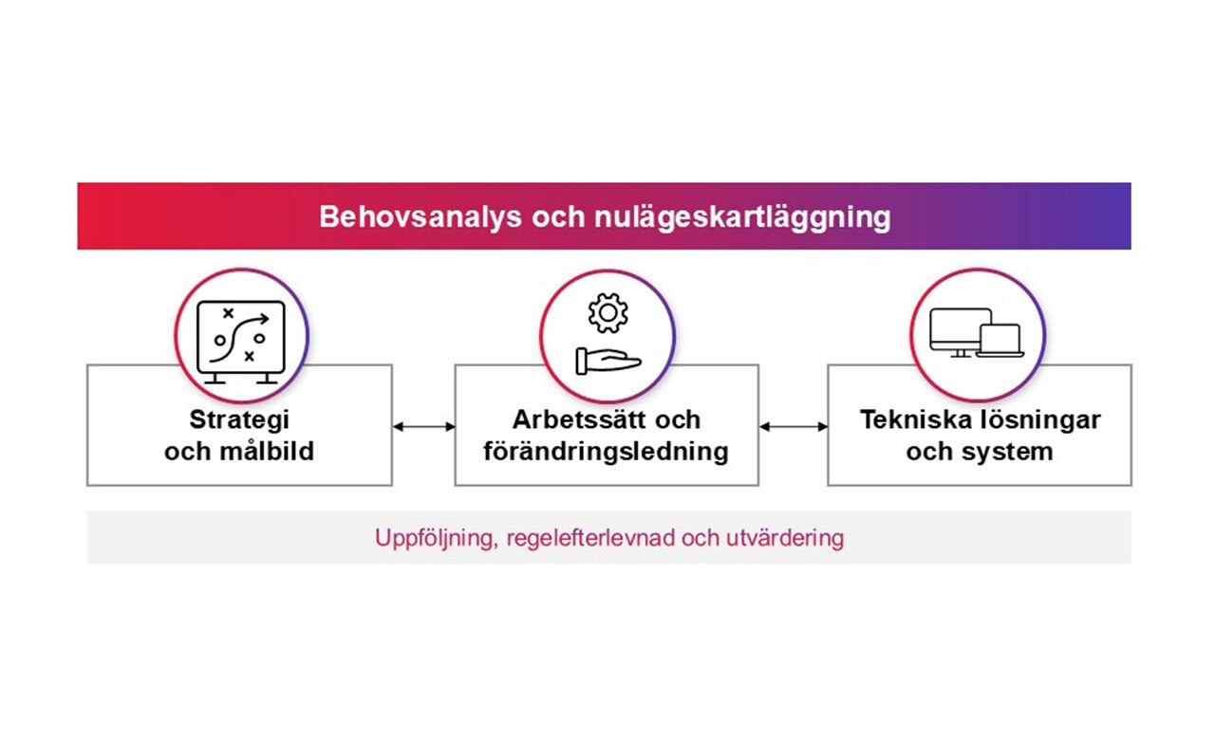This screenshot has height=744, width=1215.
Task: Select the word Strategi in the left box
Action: pos(239,418)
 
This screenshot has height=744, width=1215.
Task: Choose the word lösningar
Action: pos(1039,418)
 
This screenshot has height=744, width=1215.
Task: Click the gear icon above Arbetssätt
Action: pos(607,314)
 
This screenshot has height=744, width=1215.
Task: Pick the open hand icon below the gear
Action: pos(607,361)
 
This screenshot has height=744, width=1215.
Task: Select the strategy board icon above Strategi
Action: pos(240,339)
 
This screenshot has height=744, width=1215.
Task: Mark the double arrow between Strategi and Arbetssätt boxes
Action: pos(423,427)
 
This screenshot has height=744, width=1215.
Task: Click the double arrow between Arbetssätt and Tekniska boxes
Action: pos(793,427)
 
